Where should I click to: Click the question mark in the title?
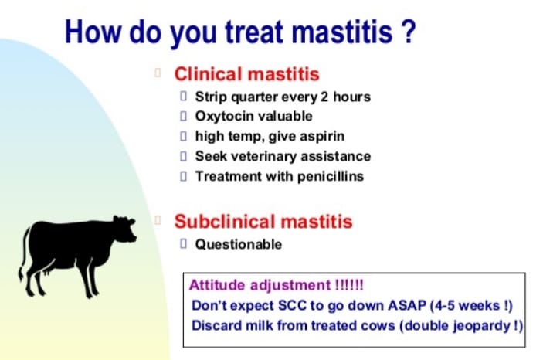tap(409, 31)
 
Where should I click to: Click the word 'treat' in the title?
tap(255, 32)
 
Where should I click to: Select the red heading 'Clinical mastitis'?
tap(246, 74)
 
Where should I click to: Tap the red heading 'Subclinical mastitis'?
tap(263, 222)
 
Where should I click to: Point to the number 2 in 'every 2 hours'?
tap(324, 97)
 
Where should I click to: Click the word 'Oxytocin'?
tap(224, 117)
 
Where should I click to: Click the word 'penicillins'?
tap(331, 176)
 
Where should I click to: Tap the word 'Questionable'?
tap(238, 245)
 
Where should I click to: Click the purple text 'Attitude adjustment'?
tap(260, 286)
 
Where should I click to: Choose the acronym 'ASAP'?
tap(407, 306)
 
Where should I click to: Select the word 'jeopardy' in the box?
tap(482, 326)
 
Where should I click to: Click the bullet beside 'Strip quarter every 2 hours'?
tap(184, 97)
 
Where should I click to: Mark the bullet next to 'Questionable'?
tap(184, 244)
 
